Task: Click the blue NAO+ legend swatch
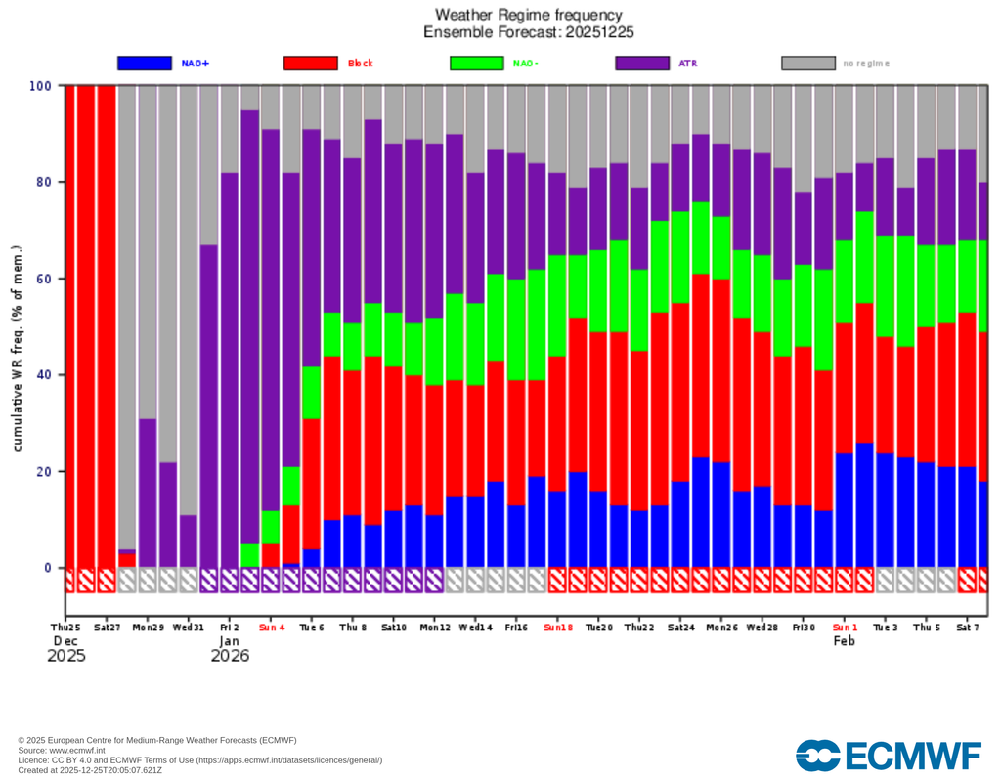145,64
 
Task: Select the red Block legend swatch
311,64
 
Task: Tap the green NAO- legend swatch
477,64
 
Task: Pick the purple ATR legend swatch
642,64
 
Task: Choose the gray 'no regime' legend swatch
808,64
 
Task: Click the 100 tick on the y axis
40,86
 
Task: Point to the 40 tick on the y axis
43,375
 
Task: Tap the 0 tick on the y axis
47,568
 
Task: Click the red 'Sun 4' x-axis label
272,627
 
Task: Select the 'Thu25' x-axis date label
66,627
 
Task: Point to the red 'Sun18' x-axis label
558,627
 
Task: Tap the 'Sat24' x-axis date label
681,627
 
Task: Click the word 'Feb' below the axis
844,641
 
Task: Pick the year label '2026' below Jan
230,656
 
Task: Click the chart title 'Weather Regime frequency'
528,15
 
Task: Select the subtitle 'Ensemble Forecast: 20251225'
528,32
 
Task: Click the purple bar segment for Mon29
148,494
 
